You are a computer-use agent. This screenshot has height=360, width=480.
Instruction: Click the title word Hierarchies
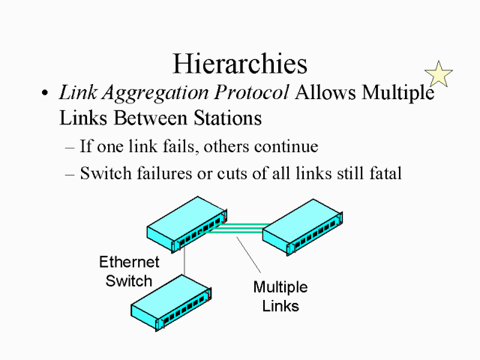click(240, 63)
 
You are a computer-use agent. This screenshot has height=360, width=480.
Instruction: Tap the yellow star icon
click(439, 73)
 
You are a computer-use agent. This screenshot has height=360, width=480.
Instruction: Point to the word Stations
click(222, 118)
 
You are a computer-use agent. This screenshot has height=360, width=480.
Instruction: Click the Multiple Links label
click(280, 296)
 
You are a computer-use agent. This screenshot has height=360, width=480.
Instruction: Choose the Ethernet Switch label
click(129, 271)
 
